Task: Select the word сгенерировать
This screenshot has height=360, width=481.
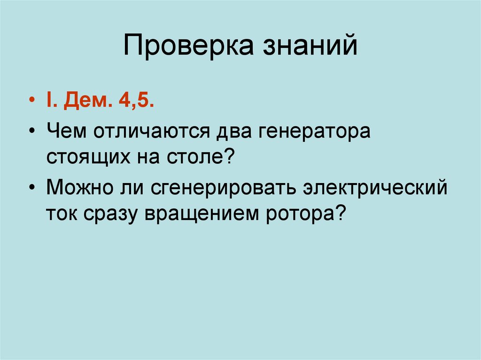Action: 224,187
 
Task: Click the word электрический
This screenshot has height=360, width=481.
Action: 375,187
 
